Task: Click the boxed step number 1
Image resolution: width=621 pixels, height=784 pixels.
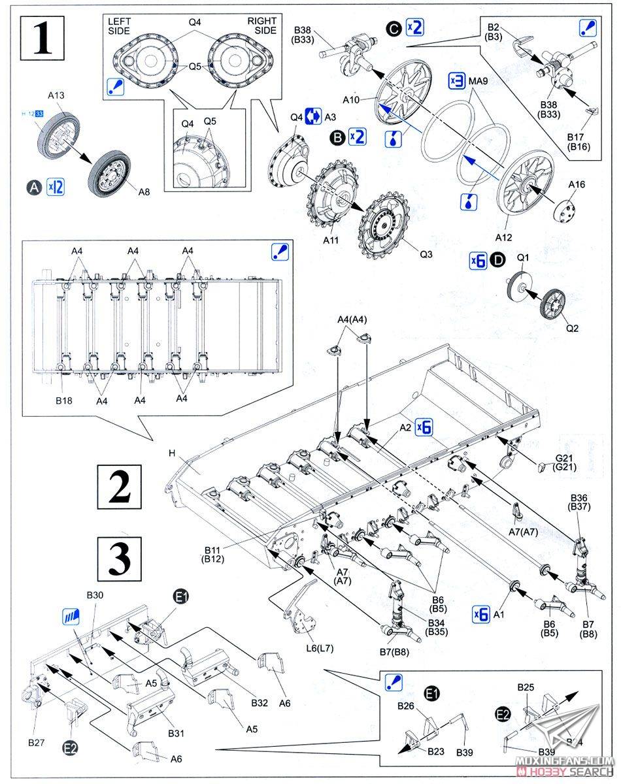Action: click(44, 39)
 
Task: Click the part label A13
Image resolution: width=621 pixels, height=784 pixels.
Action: click(56, 95)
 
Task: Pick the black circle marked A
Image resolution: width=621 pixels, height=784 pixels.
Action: click(35, 187)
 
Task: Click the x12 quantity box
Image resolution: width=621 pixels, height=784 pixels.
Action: click(56, 187)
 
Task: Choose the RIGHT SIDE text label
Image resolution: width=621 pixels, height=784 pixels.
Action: click(261, 25)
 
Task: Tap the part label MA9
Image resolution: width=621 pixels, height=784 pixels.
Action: click(479, 81)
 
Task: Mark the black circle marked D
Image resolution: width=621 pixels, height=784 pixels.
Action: click(499, 261)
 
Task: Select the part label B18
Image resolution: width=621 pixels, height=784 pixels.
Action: click(63, 400)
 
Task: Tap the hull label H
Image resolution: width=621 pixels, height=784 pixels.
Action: click(173, 453)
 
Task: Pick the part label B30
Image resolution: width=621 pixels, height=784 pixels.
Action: click(95, 596)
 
